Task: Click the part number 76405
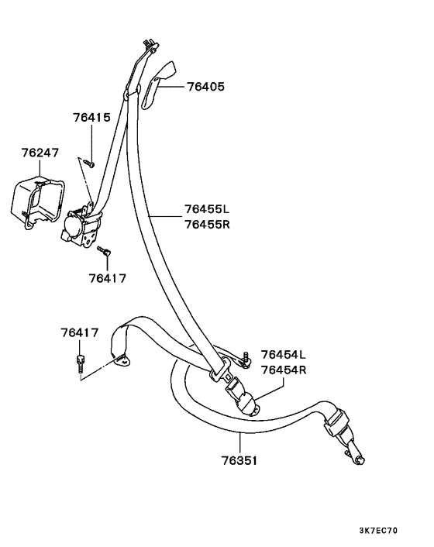[206, 86]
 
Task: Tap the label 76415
[91, 117]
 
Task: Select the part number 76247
[40, 153]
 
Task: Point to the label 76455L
[207, 209]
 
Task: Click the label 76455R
[207, 224]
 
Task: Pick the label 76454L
[284, 354]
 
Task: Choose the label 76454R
[284, 370]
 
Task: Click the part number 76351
[239, 461]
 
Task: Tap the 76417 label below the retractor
[107, 278]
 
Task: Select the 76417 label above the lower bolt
[80, 332]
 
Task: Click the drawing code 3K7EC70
[378, 531]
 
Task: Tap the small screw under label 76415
[89, 163]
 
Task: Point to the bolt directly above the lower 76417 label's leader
[80, 363]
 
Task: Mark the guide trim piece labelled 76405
[157, 84]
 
